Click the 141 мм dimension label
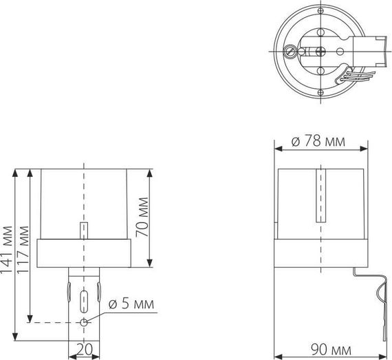tap(7, 251)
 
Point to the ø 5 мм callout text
tap(131, 304)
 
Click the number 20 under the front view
tap(83, 349)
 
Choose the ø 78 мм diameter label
tap(318, 142)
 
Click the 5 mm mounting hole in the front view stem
tap(83, 321)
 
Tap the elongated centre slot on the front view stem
tap(83, 300)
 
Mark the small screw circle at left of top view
tap(290, 50)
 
